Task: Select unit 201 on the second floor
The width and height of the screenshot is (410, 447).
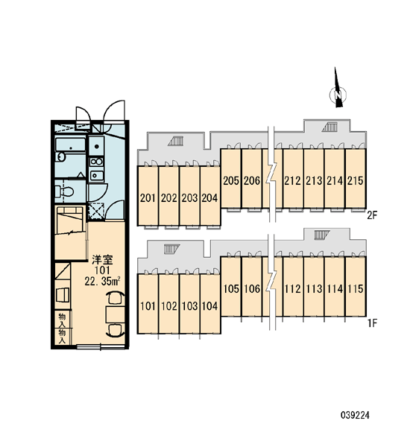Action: pos(148,196)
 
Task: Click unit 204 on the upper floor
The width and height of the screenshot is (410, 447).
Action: pos(210,196)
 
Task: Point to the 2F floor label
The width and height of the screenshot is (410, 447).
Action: pos(372,215)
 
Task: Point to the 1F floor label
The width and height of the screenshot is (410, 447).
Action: pos(372,323)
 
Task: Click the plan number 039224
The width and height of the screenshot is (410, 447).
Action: pos(355,415)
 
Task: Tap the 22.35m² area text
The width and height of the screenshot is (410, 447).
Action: pos(102,282)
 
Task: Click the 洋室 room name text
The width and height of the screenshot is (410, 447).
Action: pos(102,260)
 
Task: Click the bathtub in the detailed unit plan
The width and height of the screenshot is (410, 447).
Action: pos(70,145)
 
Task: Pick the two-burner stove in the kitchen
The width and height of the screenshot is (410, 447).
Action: pos(96,162)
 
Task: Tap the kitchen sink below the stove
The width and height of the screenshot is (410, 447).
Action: pos(96,175)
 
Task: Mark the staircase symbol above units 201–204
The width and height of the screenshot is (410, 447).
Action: pos(176,141)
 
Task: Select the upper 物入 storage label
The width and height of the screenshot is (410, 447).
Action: pos(62,320)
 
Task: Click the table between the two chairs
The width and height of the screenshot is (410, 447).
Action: pos(115,314)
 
